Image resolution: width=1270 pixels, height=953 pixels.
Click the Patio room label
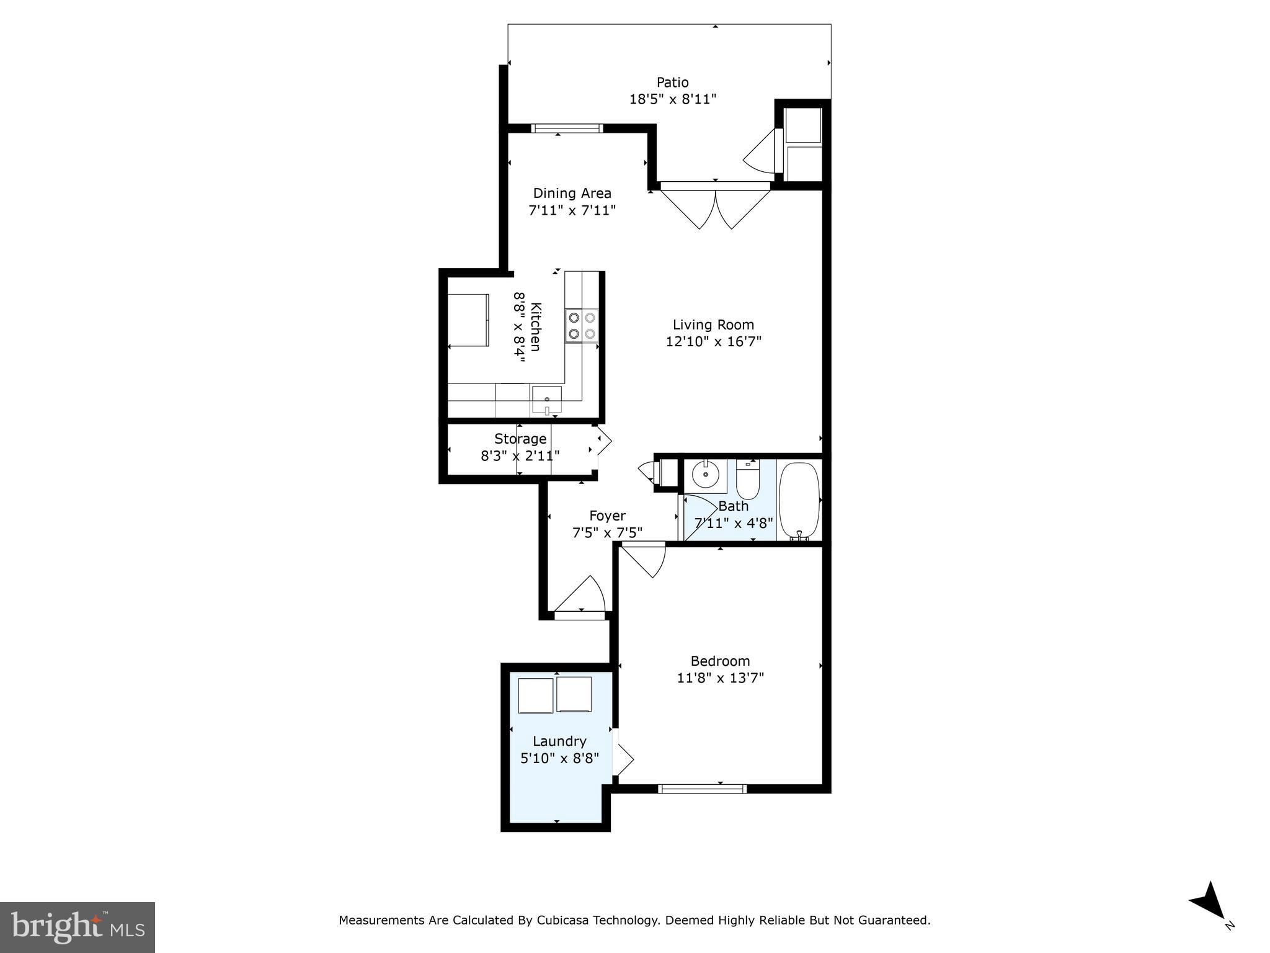click(x=673, y=82)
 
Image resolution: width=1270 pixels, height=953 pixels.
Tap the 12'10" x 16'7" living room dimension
click(x=713, y=341)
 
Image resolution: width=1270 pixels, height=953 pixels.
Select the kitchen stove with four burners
click(x=582, y=325)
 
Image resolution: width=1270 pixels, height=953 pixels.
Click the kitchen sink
click(x=546, y=400)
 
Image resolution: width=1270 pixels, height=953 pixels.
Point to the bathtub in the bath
click(x=799, y=500)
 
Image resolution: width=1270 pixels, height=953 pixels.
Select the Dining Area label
click(x=572, y=193)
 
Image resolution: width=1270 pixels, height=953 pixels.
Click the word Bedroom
click(x=720, y=661)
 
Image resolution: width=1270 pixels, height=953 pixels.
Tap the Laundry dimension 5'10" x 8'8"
click(x=559, y=758)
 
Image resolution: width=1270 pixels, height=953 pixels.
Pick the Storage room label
click(x=520, y=439)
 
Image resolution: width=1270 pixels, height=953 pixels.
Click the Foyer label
click(x=607, y=516)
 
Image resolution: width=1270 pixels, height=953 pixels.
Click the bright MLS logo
click(x=78, y=927)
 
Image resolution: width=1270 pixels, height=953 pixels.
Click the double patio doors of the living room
click(x=715, y=205)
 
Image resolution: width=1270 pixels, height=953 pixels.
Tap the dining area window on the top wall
click(x=566, y=128)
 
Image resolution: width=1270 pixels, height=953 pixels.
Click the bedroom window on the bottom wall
click(x=702, y=789)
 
